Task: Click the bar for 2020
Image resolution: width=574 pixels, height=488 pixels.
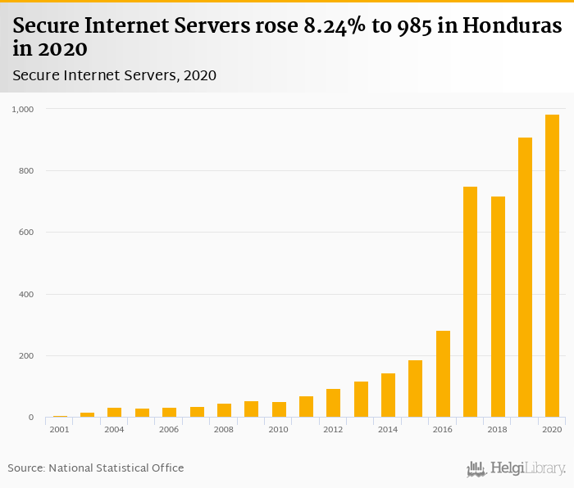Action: point(553,266)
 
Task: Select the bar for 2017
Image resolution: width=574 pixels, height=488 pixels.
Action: point(470,302)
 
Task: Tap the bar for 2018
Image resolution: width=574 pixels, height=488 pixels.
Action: point(498,307)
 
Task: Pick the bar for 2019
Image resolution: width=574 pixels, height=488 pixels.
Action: point(525,278)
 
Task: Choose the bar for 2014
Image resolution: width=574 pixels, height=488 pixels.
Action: point(388,395)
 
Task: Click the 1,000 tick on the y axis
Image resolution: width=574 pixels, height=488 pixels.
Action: point(22,109)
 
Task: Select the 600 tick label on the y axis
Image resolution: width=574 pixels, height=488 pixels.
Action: point(25,233)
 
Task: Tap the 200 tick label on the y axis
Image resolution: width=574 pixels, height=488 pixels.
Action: point(25,356)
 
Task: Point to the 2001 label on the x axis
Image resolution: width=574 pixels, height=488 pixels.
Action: point(59,430)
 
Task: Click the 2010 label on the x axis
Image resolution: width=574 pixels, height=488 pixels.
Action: point(278,430)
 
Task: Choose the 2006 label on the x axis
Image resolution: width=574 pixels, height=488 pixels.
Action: point(169,430)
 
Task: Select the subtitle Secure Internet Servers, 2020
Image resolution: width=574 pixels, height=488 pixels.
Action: point(114,75)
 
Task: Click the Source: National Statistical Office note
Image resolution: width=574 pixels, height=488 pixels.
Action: point(96,468)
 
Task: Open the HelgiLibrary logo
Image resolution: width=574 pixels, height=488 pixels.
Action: point(517,468)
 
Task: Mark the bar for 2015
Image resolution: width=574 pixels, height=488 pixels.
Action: point(415,389)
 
